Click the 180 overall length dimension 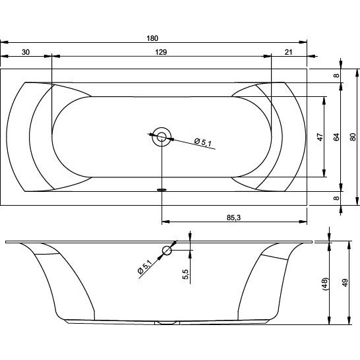click(152, 38)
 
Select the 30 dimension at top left click(26, 52)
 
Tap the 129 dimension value click(161, 52)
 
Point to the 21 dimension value click(289, 52)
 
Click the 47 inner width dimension click(320, 137)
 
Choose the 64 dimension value click(336, 137)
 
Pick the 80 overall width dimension click(353, 137)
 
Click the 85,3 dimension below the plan click(233, 218)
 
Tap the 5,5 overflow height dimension click(185, 274)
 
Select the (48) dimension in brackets click(326, 284)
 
